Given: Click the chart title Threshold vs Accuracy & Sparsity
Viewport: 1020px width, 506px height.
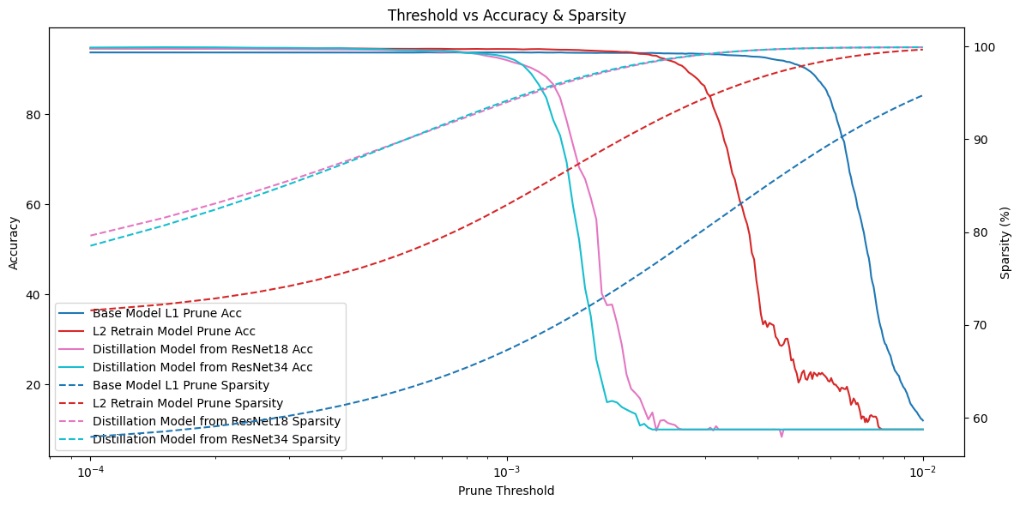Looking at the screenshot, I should pyautogui.click(x=506, y=15).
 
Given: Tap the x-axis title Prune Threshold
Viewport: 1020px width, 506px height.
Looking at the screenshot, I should pyautogui.click(x=506, y=491).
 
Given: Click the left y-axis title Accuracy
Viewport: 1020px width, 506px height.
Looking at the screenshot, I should pyautogui.click(x=14, y=243).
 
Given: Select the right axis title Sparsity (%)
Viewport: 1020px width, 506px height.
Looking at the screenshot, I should pyautogui.click(x=1005, y=243).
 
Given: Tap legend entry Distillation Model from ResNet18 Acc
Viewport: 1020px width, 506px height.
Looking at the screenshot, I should pyautogui.click(x=202, y=349).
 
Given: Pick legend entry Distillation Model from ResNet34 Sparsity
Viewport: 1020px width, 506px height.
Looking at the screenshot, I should pyautogui.click(x=216, y=439).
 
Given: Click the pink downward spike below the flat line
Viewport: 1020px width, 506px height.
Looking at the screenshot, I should pyautogui.click(x=782, y=436).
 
